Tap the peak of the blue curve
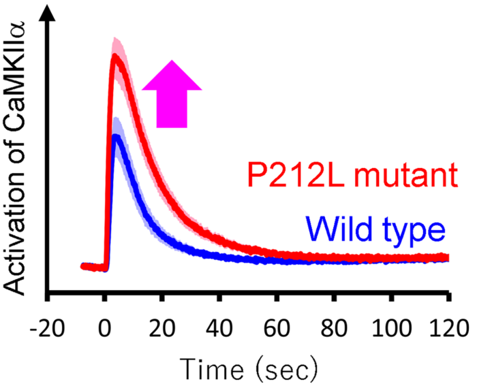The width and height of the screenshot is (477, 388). (117, 137)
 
